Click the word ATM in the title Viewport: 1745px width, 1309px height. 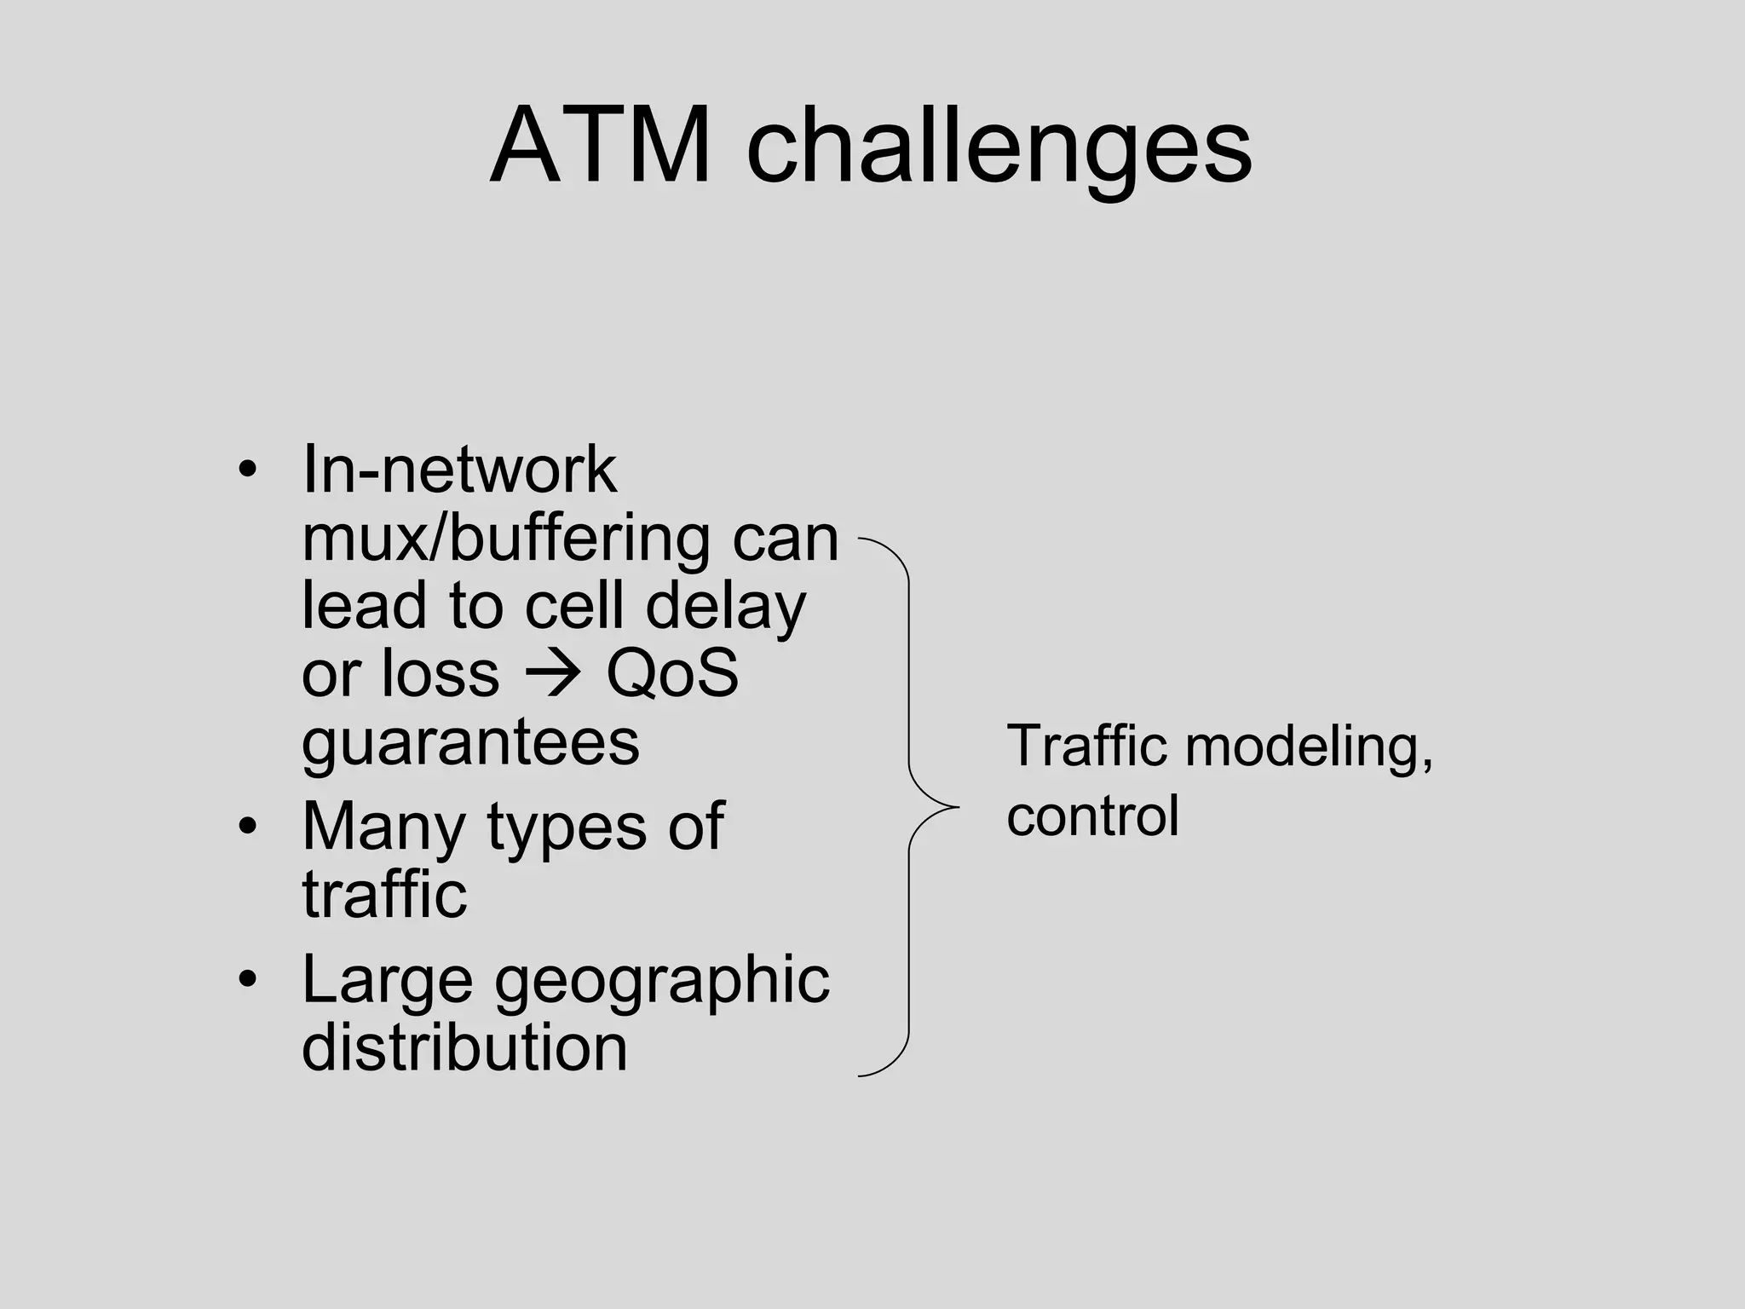(601, 147)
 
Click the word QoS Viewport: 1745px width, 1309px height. (672, 673)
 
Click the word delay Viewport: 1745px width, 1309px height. (725, 607)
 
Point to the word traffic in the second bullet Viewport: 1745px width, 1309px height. (384, 894)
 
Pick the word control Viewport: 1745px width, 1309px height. (1092, 816)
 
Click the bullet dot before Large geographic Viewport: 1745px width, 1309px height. (247, 979)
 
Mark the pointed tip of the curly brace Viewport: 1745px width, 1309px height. (958, 806)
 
